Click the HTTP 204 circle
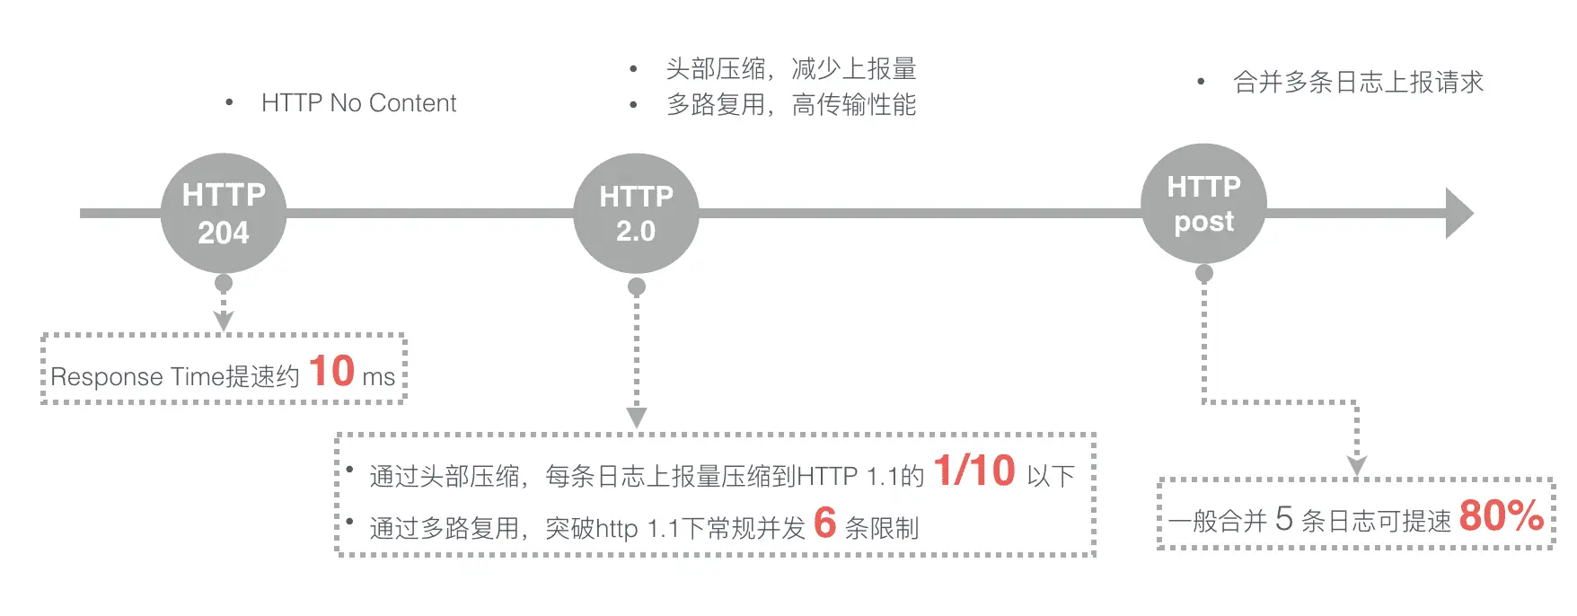224,213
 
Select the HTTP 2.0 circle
636,214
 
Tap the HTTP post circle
1204,203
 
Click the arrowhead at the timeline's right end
1459,213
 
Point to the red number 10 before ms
331,371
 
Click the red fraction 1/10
974,471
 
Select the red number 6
824,523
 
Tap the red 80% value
1502,515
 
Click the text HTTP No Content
359,103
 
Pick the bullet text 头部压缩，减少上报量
791,68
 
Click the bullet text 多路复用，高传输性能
791,105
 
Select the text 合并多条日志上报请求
1359,83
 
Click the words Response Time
137,377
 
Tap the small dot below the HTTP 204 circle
224,283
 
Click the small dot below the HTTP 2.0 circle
637,286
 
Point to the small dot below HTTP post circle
1204,273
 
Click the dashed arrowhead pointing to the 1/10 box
637,418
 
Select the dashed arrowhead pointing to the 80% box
1357,465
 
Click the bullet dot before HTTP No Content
230,102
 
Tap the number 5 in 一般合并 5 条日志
1284,518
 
